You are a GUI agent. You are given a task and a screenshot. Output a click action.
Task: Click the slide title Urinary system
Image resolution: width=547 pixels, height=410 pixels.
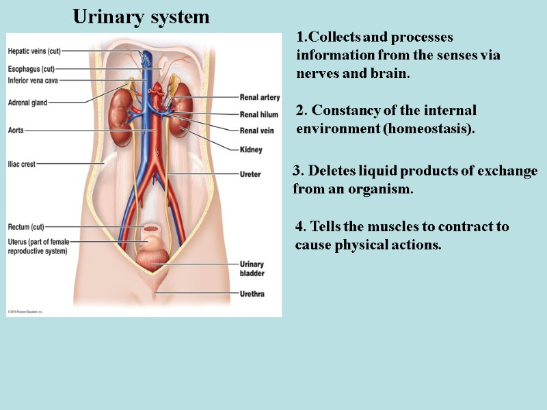point(141,16)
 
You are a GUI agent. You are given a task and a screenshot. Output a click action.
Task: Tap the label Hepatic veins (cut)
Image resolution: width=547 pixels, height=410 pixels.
point(35,51)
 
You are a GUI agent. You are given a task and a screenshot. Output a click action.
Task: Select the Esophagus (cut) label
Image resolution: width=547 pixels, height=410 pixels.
point(31,69)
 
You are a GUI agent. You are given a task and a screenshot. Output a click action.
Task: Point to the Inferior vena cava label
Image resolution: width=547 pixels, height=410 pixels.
point(33,80)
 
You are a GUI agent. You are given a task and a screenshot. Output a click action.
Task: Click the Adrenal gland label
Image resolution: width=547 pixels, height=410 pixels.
point(27,103)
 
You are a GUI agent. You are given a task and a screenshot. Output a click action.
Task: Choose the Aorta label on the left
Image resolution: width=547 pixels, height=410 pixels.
point(16,130)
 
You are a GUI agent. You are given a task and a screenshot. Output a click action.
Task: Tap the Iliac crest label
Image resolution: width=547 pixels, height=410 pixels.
point(22,164)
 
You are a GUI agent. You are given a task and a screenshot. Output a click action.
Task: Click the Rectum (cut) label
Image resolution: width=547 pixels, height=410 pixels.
point(26,227)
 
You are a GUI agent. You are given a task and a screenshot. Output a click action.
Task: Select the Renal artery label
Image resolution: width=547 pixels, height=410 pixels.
point(259,98)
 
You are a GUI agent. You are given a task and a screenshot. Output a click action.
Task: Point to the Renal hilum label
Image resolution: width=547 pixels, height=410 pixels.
point(258,114)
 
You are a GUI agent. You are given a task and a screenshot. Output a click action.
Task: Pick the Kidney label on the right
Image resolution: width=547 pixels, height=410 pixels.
point(250,150)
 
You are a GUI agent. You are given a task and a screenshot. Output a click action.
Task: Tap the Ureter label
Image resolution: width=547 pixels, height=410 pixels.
point(250,174)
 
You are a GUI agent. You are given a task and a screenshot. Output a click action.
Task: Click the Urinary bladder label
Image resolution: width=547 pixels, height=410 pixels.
point(252,269)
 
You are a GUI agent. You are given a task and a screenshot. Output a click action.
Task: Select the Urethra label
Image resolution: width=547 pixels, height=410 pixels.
point(251,295)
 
